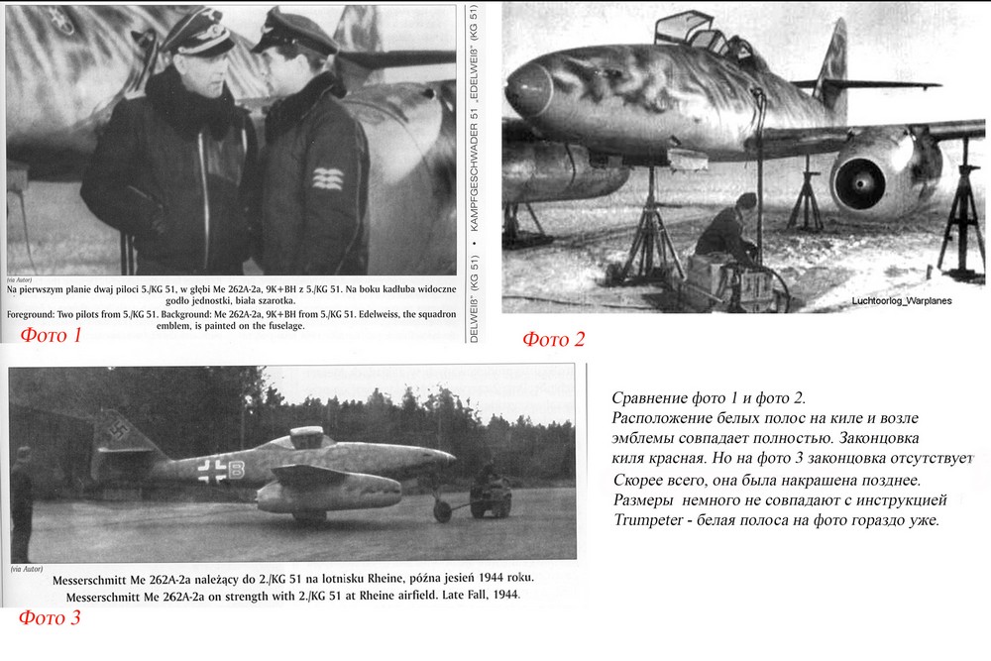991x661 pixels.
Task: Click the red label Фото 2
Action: (553, 340)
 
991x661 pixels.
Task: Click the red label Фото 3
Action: (49, 618)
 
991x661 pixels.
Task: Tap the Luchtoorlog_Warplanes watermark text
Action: (900, 300)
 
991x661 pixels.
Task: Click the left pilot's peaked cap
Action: (198, 35)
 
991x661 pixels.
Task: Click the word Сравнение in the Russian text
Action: (655, 397)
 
